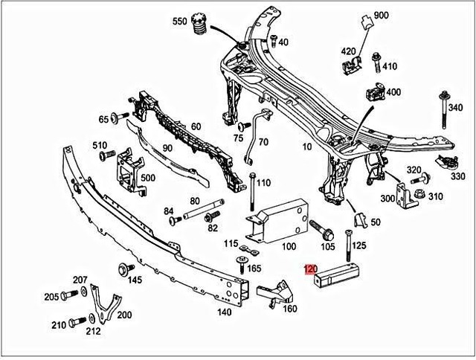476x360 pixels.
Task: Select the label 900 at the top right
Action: pos(381,16)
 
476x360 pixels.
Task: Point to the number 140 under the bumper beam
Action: pos(224,312)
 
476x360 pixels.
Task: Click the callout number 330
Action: pos(458,176)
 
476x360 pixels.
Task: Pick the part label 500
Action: pos(148,179)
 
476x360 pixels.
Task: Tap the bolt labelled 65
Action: pos(119,117)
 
